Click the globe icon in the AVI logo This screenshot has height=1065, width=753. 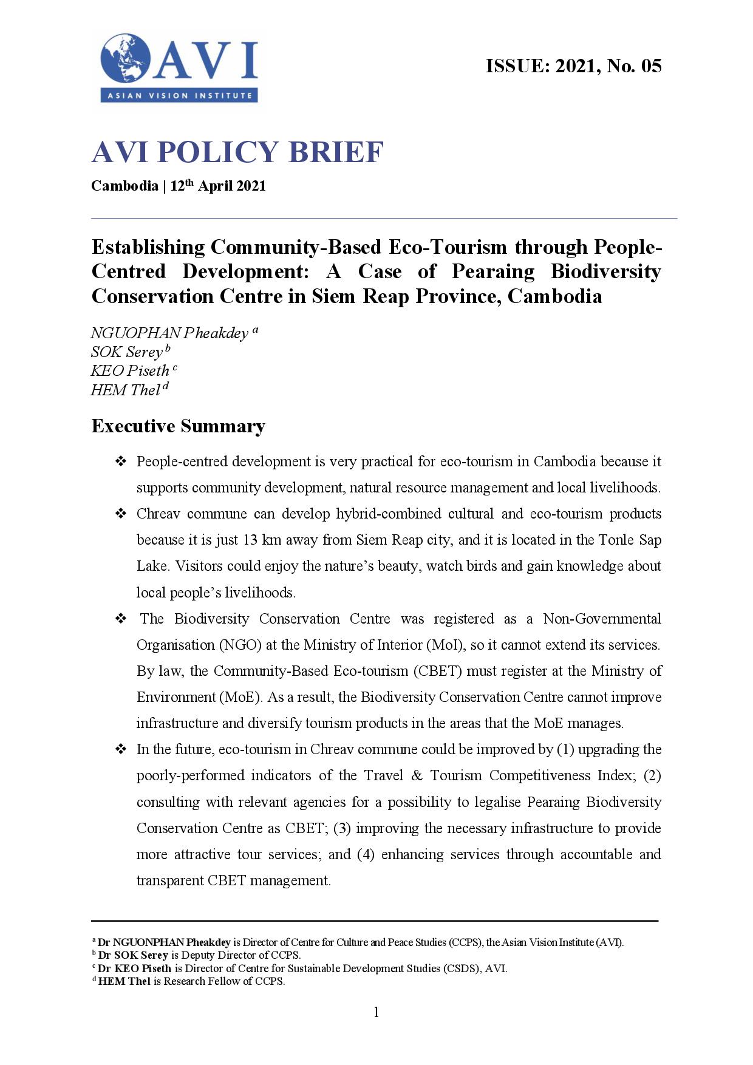[x=126, y=59]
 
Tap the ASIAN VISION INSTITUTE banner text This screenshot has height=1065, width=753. [x=180, y=95]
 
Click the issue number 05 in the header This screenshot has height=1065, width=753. [x=651, y=66]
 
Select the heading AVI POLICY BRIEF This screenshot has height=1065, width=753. [x=237, y=152]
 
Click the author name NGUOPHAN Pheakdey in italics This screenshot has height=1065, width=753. [x=169, y=333]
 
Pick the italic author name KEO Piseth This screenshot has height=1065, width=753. [x=130, y=371]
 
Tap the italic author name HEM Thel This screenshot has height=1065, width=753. [x=125, y=390]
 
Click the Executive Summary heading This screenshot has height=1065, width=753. [x=178, y=426]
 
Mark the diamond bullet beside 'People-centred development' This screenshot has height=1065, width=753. [x=121, y=462]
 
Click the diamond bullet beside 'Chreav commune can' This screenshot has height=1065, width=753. [x=121, y=514]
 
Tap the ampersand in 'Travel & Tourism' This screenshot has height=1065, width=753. [x=417, y=775]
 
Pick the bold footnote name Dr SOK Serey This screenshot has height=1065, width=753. [x=133, y=955]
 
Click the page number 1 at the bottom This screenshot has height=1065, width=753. [x=376, y=1012]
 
